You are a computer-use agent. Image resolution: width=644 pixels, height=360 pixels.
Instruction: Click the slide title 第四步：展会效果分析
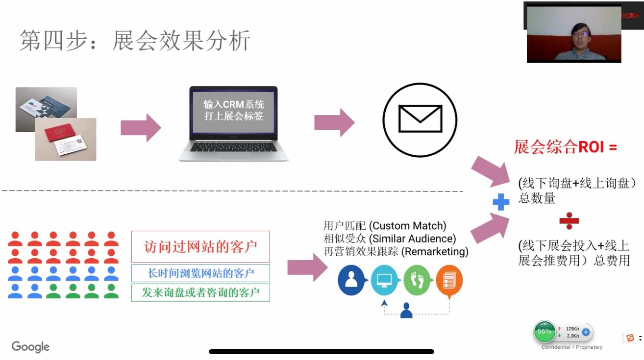[x=135, y=40]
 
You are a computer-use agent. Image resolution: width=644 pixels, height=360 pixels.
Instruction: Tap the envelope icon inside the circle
[x=420, y=119]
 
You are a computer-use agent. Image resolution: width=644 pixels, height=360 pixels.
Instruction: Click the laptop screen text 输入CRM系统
[x=234, y=104]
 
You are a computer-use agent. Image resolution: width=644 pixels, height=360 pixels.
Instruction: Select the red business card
[x=65, y=139]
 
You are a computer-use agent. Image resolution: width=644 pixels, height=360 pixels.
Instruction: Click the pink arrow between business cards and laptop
[x=141, y=127]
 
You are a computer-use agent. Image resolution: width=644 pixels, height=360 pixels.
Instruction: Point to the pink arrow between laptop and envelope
[x=334, y=122]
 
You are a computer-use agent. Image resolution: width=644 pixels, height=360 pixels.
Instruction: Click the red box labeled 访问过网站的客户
[x=200, y=246]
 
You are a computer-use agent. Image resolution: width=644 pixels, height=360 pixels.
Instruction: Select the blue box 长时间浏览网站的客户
[x=200, y=273]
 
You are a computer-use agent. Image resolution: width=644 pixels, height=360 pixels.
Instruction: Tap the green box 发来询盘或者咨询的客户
[x=200, y=292]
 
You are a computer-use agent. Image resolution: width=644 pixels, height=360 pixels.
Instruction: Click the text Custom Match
[x=407, y=226]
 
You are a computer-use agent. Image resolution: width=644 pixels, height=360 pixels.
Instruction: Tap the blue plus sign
[x=501, y=202]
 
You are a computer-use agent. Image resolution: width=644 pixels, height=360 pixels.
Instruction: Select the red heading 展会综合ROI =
[x=565, y=147]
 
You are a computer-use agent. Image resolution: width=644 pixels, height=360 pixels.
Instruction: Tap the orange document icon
[x=449, y=281]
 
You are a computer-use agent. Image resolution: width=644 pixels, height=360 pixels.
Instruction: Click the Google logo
[x=30, y=347]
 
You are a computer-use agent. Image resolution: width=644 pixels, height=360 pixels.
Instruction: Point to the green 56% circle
[x=544, y=332]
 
